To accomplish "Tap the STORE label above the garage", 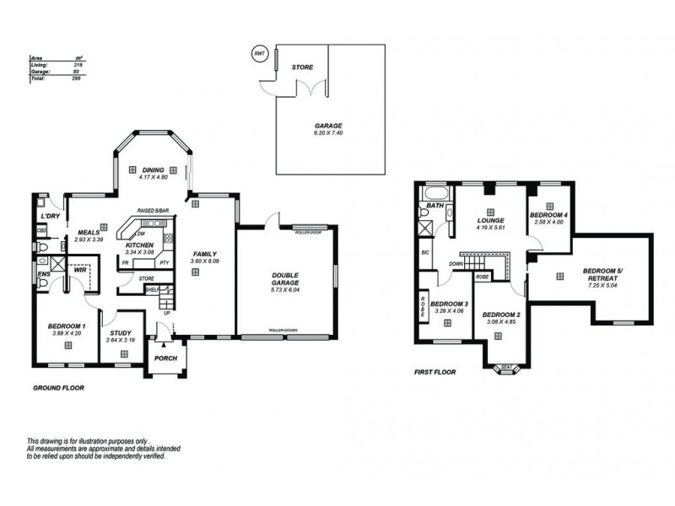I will (x=302, y=66).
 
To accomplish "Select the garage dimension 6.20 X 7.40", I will (x=329, y=133).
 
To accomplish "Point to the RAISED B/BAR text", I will (x=154, y=212).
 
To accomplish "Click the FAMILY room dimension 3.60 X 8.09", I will (x=205, y=261).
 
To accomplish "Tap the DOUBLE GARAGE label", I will (x=286, y=279).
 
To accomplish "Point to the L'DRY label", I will (x=49, y=218).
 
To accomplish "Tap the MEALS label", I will (x=89, y=234).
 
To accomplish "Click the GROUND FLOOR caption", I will (x=58, y=388).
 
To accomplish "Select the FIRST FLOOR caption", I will (x=436, y=371).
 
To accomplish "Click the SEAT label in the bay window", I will (x=506, y=367).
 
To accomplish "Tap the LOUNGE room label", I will (x=489, y=220).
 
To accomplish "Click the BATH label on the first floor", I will (x=435, y=206).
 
